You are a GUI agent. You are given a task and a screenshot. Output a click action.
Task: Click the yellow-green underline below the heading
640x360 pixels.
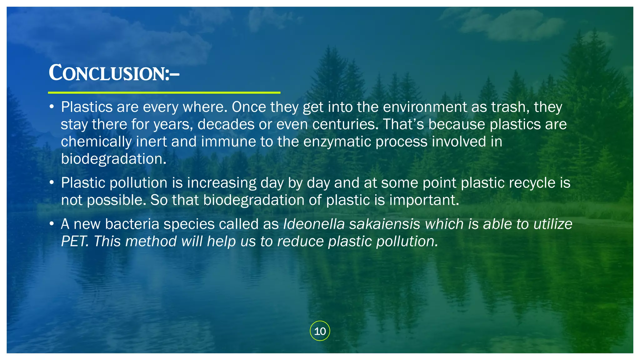tap(164, 92)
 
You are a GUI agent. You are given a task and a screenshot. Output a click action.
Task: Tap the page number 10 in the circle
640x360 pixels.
tap(320, 331)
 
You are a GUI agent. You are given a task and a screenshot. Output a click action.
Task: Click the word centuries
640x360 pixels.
tap(345, 124)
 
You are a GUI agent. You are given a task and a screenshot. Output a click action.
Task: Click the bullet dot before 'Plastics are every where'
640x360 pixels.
tap(52, 107)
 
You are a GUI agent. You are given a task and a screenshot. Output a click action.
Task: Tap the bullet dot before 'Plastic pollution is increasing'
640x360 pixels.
tap(52, 183)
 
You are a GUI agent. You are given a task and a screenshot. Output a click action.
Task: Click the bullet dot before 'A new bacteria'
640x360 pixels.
tap(52, 224)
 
